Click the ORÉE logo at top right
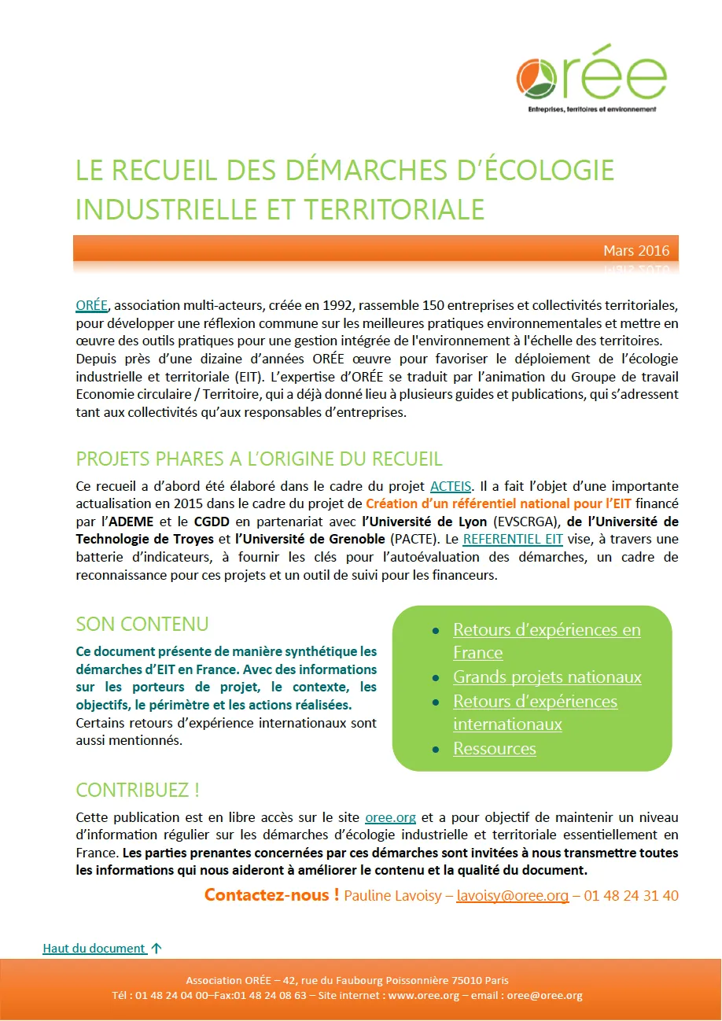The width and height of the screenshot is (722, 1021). click(x=591, y=77)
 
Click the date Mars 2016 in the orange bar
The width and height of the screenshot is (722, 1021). click(x=636, y=251)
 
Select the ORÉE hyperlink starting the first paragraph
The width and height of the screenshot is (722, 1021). click(x=90, y=305)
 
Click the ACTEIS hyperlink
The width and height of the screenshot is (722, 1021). click(x=451, y=486)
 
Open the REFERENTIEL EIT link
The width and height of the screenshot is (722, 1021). click(x=513, y=539)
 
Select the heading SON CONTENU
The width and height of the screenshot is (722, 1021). click(x=142, y=625)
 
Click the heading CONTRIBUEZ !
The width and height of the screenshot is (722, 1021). click(x=138, y=790)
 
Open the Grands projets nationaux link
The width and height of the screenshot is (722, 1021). click(x=547, y=677)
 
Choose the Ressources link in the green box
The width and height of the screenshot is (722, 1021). click(x=494, y=749)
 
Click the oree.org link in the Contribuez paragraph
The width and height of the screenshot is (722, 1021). click(x=390, y=818)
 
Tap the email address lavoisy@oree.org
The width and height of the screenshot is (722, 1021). click(x=512, y=896)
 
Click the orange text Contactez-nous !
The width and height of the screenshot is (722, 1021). click(x=271, y=895)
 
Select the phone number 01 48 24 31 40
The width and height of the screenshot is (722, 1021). click(x=631, y=896)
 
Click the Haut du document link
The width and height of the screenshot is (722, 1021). click(x=94, y=949)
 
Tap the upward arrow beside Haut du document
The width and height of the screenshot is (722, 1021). click(x=156, y=949)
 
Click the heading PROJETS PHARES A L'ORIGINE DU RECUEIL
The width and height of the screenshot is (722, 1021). click(x=259, y=459)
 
